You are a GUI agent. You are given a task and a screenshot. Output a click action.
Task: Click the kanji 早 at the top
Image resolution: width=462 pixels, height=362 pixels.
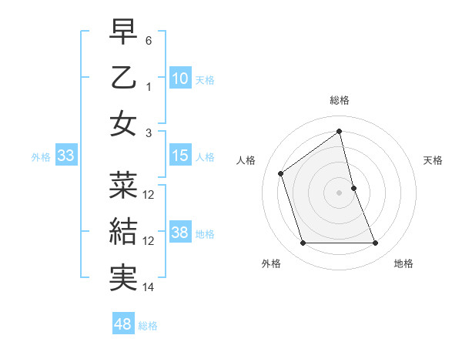[123, 33]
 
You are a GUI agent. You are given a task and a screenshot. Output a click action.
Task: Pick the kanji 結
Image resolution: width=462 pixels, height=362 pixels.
[123, 230]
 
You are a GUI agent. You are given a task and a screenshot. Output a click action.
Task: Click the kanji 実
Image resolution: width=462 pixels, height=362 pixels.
[123, 277]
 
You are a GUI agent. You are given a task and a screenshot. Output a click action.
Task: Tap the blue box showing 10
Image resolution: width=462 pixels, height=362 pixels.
[180, 78]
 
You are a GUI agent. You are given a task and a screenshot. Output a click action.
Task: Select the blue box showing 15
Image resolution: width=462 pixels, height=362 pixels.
[180, 156]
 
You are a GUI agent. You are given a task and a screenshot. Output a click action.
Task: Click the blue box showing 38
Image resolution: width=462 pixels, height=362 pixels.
[180, 233]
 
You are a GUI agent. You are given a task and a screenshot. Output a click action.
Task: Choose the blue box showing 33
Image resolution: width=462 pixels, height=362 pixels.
[66, 156]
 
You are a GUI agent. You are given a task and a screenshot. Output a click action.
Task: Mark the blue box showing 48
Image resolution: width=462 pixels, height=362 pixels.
[123, 324]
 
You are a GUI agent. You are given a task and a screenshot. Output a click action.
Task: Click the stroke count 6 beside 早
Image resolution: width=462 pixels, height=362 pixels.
[149, 40]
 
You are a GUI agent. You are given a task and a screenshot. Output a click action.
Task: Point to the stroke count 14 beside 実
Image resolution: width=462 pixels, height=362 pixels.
[149, 287]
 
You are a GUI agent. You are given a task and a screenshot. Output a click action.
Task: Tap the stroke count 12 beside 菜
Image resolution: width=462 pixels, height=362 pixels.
[149, 194]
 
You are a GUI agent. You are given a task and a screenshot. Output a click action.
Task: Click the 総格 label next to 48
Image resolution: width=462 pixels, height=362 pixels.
[148, 326]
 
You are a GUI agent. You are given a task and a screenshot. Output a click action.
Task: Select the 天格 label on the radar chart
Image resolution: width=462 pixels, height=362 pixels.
[434, 160]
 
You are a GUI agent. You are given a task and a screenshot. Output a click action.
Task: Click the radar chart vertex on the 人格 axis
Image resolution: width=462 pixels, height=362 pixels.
[281, 173]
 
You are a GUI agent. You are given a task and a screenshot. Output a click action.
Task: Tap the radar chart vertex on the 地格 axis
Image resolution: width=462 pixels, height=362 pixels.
[376, 243]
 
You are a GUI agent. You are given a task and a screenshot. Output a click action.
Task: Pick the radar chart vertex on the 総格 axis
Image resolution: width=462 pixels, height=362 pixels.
[340, 132]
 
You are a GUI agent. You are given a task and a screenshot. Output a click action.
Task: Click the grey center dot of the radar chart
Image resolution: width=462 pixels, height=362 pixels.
[340, 192]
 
